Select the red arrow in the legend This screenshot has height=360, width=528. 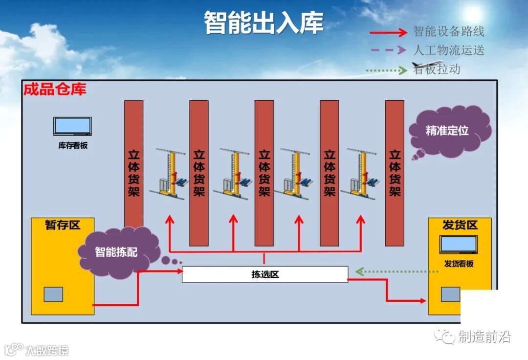[389, 33]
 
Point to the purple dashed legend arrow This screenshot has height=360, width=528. [389, 50]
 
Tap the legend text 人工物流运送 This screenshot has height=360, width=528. [449, 50]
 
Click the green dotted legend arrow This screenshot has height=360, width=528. [386, 70]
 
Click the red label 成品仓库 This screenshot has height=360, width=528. [55, 90]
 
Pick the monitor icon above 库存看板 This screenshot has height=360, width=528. [72, 126]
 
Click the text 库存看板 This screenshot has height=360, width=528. [73, 145]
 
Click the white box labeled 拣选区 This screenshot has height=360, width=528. [264, 274]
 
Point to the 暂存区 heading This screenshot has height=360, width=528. [62, 225]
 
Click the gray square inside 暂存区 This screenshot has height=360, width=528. [53, 294]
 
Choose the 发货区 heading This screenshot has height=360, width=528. [460, 225]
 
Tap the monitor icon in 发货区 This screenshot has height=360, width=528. [459, 245]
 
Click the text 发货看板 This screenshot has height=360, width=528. [459, 264]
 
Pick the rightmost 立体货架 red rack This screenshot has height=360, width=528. [395, 173]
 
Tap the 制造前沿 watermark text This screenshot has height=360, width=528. [484, 337]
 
